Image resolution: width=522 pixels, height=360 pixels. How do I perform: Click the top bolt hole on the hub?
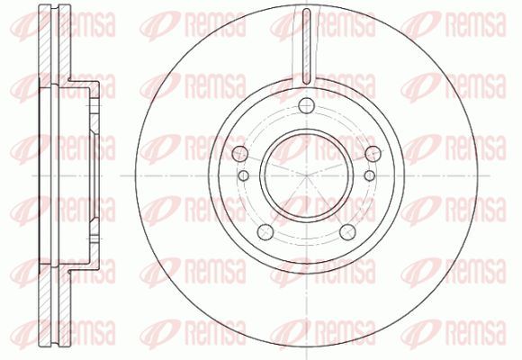(x=307, y=106)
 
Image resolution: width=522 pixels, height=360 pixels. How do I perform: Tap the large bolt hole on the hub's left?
(x=239, y=154)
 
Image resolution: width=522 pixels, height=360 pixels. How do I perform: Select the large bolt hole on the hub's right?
(x=373, y=154)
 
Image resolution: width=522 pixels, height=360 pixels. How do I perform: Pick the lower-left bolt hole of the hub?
(x=265, y=232)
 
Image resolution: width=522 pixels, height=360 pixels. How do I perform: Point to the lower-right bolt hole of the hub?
(x=347, y=232)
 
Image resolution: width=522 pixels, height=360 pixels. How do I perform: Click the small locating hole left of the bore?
(x=244, y=175)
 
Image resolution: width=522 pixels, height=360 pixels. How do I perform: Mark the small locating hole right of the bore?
(x=370, y=175)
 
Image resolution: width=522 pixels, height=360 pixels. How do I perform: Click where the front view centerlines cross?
(x=307, y=175)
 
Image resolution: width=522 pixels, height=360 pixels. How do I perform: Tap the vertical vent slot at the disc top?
(x=307, y=46)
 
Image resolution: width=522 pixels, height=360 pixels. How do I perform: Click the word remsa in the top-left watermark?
(x=85, y=24)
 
